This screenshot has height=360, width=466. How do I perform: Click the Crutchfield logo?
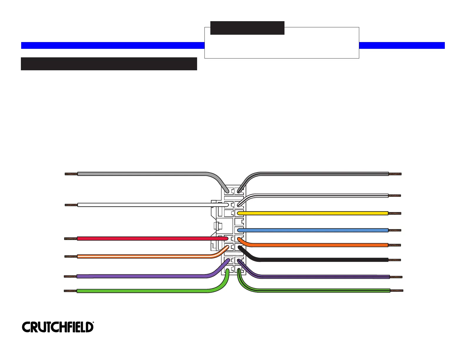pyautogui.click(x=58, y=327)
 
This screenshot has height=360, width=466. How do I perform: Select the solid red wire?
pyautogui.click(x=147, y=239)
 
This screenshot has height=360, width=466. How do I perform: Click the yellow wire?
pyautogui.click(x=312, y=213)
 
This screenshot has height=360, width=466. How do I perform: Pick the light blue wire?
pyautogui.click(x=312, y=230)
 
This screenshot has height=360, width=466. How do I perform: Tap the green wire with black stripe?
pyautogui.click(x=324, y=291)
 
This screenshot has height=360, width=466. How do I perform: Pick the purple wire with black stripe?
pyautogui.click(x=324, y=277)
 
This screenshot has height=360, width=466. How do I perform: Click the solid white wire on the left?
pyautogui.click(x=147, y=205)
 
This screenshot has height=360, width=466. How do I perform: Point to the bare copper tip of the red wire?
pyautogui.click(x=71, y=239)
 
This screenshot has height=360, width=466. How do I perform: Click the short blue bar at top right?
pyautogui.click(x=402, y=45)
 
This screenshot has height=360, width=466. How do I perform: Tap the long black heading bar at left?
pyautogui.click(x=109, y=64)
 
